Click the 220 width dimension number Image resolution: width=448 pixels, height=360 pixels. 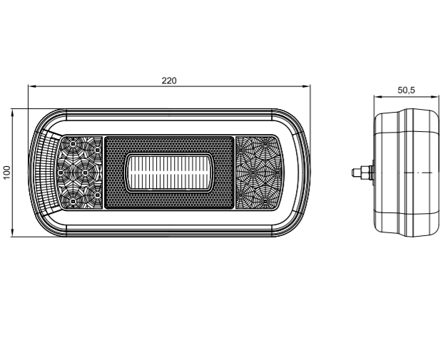169,81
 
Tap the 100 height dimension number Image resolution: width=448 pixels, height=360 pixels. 7,172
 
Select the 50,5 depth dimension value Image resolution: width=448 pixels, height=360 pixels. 406,91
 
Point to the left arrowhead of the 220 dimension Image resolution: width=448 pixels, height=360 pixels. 31,86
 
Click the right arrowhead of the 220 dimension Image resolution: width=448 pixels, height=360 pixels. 307,86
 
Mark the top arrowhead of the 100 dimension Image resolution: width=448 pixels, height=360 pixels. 12,113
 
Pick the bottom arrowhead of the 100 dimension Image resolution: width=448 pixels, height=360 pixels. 12,232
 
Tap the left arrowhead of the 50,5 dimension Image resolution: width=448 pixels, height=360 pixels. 377,97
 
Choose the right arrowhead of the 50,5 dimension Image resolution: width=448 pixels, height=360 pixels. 435,97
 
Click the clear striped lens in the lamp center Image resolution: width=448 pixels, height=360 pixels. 169,173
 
